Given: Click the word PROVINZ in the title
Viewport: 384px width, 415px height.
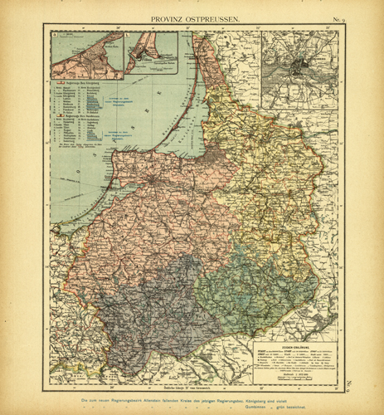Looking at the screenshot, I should (x=168, y=17).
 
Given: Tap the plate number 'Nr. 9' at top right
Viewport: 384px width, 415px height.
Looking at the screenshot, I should (x=339, y=17).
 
